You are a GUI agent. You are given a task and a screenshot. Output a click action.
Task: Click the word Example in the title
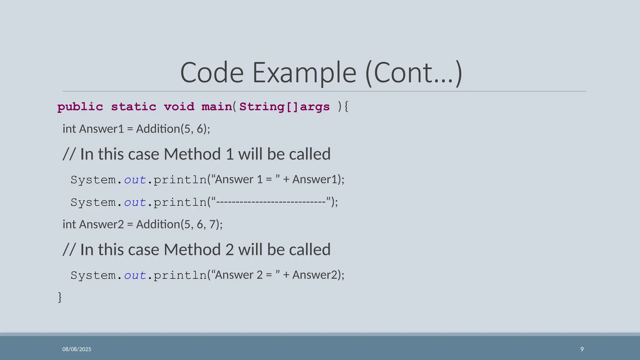tap(304, 73)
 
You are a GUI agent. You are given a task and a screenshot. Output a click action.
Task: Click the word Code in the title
tap(212, 73)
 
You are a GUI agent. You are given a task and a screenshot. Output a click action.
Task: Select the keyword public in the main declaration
tap(80, 107)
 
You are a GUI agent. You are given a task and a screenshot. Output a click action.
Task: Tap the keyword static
tap(133, 107)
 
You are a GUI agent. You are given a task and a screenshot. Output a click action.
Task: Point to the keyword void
tap(179, 107)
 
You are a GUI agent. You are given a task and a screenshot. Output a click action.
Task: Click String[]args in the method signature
tap(284, 107)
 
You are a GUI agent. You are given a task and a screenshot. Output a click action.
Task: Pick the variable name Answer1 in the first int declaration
tap(102, 129)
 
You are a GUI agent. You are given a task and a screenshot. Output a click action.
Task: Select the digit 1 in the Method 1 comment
tap(230, 154)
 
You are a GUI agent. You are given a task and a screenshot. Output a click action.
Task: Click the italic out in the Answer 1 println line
tap(135, 180)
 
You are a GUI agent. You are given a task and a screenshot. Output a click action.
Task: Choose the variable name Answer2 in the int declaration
tap(102, 224)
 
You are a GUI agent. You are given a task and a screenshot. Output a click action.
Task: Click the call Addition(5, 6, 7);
tap(179, 224)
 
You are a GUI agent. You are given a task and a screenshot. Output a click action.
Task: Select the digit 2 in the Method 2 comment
tap(230, 250)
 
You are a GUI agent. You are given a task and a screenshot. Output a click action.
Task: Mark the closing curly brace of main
tap(60, 297)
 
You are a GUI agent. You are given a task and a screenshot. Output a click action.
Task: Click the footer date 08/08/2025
tap(77, 349)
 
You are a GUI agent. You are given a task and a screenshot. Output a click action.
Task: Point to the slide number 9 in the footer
tap(582, 349)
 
